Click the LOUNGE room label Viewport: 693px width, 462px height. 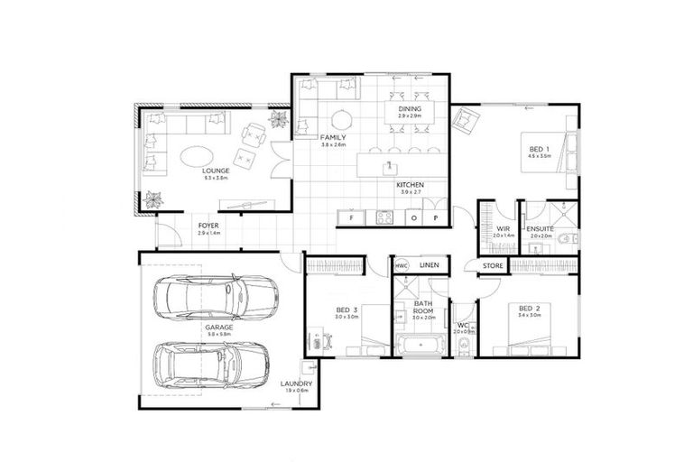pos(216,170)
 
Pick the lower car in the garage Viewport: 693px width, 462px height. pos(211,365)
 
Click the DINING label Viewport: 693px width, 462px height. pos(410,110)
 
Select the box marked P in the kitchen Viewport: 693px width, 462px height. pos(436,217)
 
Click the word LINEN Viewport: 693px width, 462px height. pos(430,265)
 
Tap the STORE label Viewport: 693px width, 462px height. pos(493,266)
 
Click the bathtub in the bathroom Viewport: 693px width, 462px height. pos(419,345)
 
